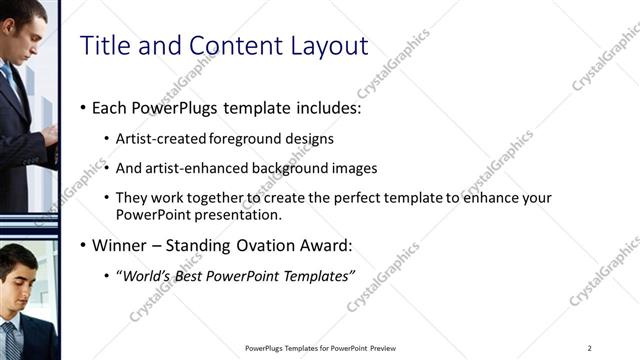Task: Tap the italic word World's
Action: [144, 276]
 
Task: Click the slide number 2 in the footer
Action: [590, 348]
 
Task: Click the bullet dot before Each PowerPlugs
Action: [82, 108]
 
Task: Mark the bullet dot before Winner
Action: [82, 246]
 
